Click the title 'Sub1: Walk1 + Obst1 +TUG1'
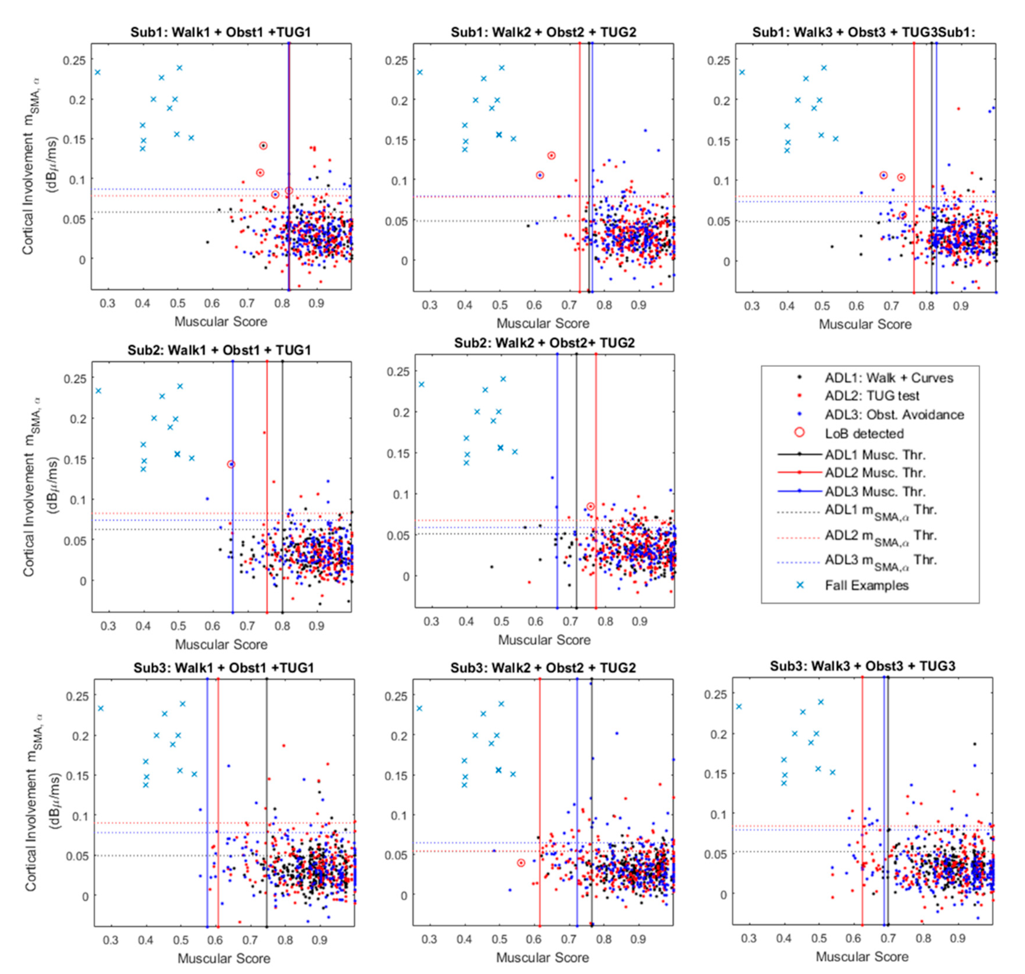[220, 32]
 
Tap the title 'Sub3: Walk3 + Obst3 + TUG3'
[862, 666]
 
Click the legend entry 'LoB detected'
[864, 434]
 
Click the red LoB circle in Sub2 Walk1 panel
[231, 464]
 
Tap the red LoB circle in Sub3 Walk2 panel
[521, 863]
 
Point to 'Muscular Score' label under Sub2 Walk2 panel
[544, 640]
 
